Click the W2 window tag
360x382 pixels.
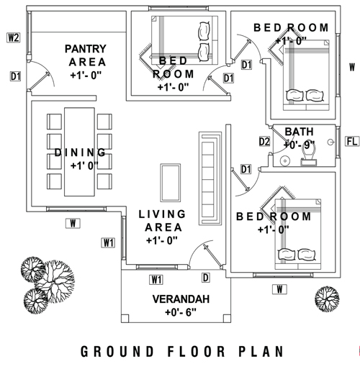[14, 37]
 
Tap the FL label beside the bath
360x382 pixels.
[352, 141]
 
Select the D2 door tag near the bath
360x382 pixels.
[264, 142]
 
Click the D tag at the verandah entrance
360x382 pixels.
[206, 278]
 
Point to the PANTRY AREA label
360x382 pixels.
[86, 55]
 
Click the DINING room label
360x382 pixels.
[80, 153]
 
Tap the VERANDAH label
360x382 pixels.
[181, 299]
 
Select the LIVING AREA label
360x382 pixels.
[162, 221]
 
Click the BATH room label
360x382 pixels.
[299, 132]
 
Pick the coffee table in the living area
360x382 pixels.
[171, 183]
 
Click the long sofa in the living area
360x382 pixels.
[210, 178]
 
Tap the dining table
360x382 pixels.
[79, 152]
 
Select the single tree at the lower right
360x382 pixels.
[327, 299]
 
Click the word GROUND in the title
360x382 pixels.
[117, 352]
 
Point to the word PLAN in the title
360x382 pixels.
[261, 352]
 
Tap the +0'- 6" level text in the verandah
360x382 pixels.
[181, 312]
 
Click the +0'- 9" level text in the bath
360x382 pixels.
[299, 145]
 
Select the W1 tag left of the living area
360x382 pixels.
[108, 243]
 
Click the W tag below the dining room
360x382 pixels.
[73, 224]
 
